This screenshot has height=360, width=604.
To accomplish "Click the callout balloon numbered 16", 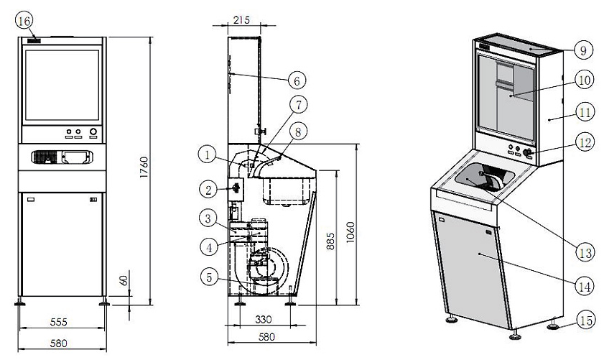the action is (x=24, y=22).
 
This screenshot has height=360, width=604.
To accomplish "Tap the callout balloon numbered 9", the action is (x=583, y=50).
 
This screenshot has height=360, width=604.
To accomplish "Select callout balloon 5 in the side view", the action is (x=209, y=277).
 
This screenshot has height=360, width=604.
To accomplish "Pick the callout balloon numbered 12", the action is (x=585, y=143).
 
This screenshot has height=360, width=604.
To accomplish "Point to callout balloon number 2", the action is (x=208, y=190).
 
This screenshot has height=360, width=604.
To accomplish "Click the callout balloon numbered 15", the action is (x=586, y=320).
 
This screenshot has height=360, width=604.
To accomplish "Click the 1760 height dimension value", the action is (x=144, y=167).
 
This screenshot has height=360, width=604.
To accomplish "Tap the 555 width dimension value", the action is (x=59, y=321).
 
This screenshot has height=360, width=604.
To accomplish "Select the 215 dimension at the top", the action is (x=241, y=19).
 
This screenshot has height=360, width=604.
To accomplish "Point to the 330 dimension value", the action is (x=263, y=319).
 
